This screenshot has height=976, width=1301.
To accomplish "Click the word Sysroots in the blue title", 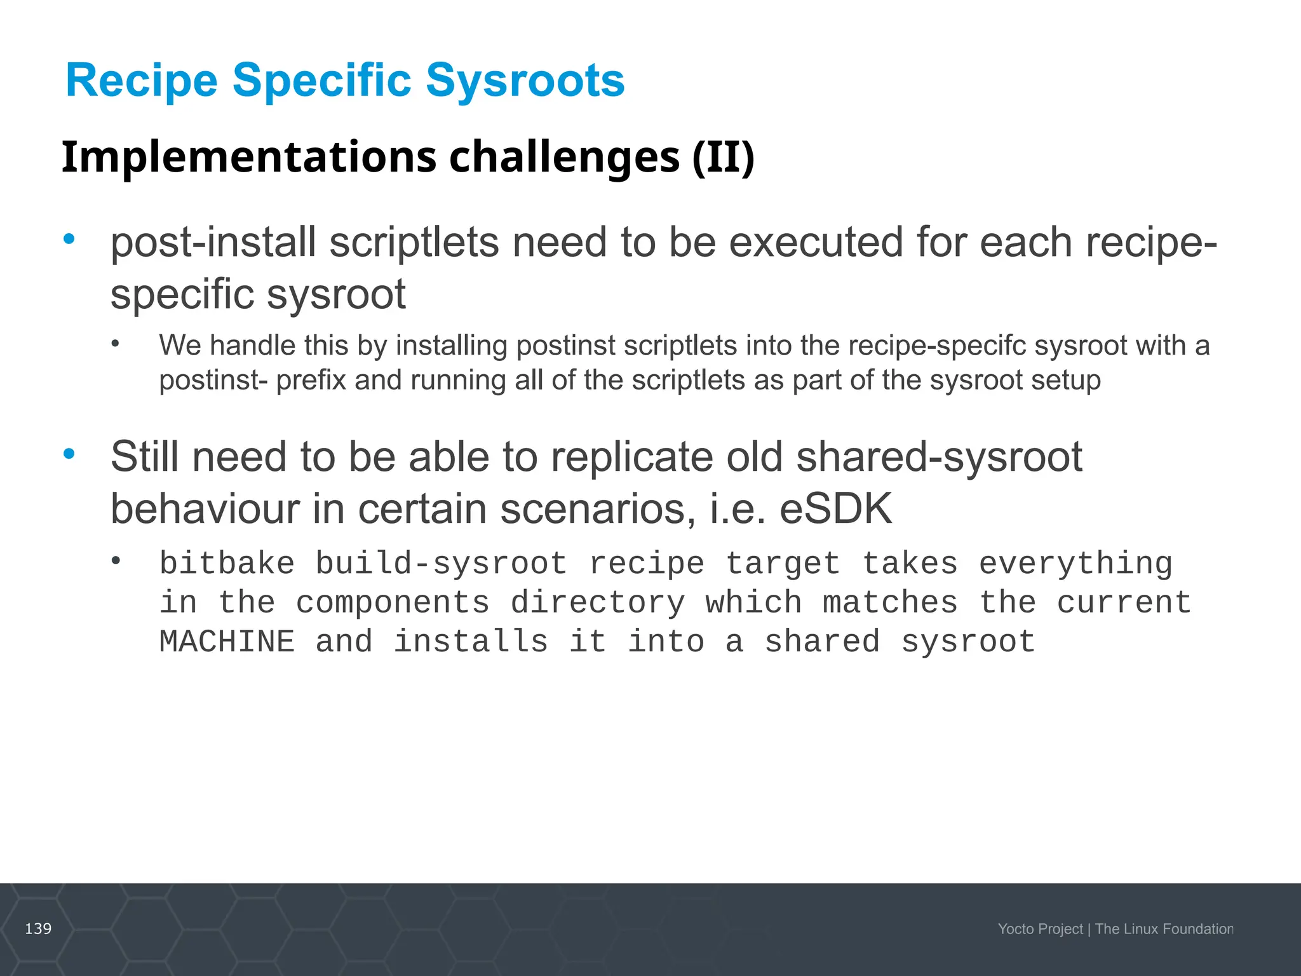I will (x=525, y=81).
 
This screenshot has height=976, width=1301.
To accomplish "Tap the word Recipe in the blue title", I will (x=141, y=81).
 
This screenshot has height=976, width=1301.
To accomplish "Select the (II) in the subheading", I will (x=723, y=157).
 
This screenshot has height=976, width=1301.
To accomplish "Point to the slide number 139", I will (x=38, y=929).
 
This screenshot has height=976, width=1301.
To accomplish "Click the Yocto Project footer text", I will (x=1040, y=929).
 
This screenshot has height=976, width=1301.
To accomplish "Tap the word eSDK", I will (x=835, y=509).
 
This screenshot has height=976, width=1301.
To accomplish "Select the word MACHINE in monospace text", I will (x=227, y=642).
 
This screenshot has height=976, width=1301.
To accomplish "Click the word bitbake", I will (x=227, y=564).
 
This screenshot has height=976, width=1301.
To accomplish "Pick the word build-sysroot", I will (x=441, y=564).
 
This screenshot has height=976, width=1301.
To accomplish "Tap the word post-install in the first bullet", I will (x=213, y=243).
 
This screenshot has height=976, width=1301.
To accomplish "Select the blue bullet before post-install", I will (x=69, y=240).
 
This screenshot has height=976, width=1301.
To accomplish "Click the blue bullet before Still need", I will (x=69, y=454).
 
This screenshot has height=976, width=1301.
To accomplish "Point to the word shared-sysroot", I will (x=939, y=457).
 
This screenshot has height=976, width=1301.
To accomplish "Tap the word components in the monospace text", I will (x=393, y=603).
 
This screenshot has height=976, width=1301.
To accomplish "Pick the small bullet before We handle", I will (x=115, y=344).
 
